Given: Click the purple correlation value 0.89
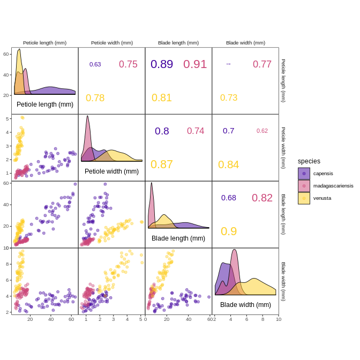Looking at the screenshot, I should (161, 64).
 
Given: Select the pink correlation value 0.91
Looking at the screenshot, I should (195, 64).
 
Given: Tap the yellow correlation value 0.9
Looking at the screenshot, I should (229, 231).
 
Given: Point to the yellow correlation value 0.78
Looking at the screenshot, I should (95, 98).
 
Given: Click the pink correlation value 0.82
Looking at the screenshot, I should (262, 198).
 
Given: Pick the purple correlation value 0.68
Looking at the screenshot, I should (229, 198).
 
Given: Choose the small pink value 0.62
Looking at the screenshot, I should (262, 131).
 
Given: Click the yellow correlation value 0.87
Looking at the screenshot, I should (161, 164).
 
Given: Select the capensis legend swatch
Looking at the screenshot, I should (304, 174).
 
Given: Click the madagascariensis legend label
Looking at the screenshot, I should (333, 186).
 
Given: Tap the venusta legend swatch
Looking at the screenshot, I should (304, 198).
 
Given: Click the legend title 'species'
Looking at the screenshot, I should (309, 161).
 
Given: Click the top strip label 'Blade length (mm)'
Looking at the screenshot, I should (178, 43).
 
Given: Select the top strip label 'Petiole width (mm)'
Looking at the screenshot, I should (112, 43).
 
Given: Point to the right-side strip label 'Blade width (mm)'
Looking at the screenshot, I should (283, 281).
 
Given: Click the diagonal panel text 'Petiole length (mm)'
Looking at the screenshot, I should (45, 104).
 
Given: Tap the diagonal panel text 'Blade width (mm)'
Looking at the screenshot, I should (245, 305).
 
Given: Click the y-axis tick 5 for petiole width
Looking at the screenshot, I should (8, 118).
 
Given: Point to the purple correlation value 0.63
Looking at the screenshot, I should (95, 64).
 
